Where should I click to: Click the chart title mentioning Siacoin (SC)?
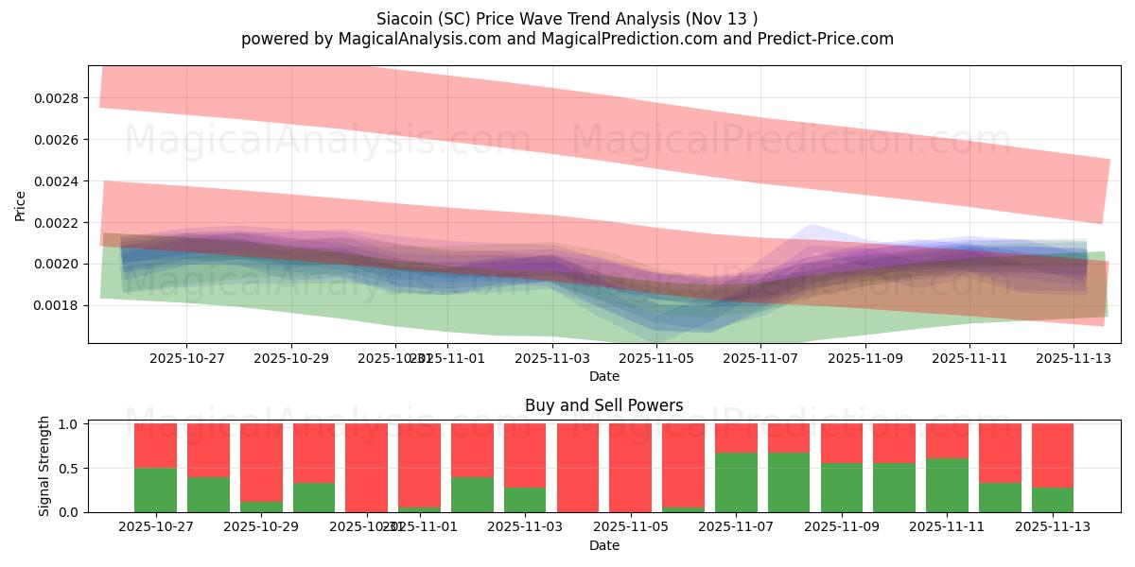(567, 18)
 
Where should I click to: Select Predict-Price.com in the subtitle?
(819, 39)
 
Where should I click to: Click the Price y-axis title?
(21, 205)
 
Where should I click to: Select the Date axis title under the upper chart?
(604, 376)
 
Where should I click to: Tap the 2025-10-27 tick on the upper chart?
(186, 358)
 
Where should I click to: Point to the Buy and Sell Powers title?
(604, 405)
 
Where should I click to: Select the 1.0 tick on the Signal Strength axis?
(69, 424)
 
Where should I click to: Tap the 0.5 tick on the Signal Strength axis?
(69, 469)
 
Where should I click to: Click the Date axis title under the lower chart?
(604, 545)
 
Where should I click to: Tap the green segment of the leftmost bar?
(155, 490)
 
